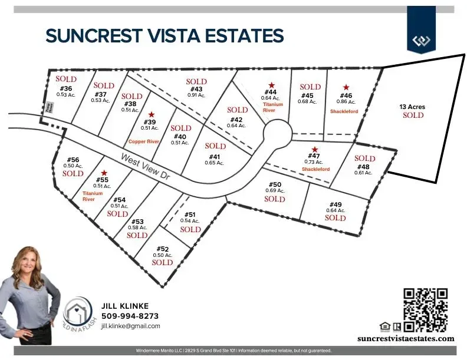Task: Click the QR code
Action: (x=426, y=309)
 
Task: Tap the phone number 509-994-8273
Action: (x=130, y=316)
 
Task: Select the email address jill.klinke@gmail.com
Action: (x=130, y=326)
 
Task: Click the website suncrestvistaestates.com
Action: (x=406, y=338)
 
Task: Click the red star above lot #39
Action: (x=152, y=114)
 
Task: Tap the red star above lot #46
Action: (x=346, y=87)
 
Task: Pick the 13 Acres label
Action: (x=412, y=107)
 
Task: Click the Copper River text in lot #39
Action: (x=144, y=142)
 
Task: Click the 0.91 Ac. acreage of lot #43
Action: (x=196, y=95)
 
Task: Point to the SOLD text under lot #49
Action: (x=336, y=218)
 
